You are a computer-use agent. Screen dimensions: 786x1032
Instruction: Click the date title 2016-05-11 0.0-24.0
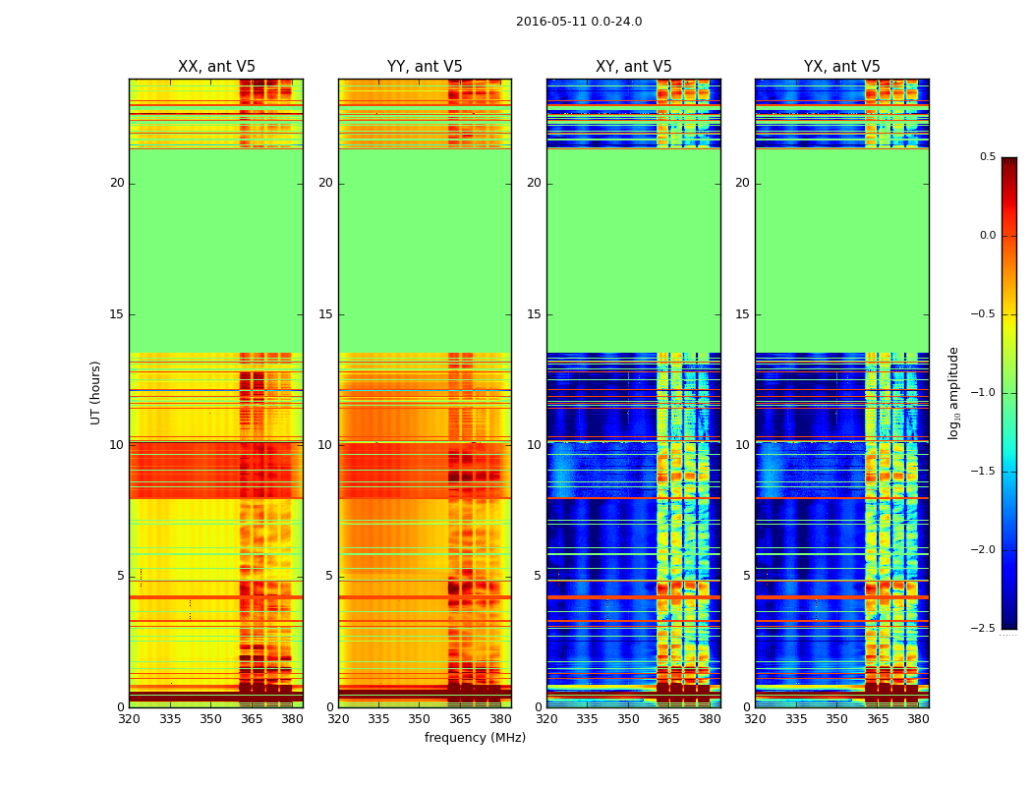(x=579, y=22)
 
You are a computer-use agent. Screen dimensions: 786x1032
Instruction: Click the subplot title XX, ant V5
(x=216, y=67)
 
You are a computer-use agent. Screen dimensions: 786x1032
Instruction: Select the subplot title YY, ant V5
(x=425, y=67)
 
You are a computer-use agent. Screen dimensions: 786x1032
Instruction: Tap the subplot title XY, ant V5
(x=634, y=67)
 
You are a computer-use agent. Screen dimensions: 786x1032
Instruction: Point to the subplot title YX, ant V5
(x=842, y=67)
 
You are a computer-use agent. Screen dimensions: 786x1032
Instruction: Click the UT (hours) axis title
(x=96, y=392)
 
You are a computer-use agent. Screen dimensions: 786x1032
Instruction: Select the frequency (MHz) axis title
(x=475, y=738)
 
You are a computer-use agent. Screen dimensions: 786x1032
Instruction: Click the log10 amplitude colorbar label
(x=953, y=393)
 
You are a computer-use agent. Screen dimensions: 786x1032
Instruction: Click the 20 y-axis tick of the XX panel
(x=117, y=183)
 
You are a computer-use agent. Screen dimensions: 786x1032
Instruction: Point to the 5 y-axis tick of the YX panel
(x=747, y=576)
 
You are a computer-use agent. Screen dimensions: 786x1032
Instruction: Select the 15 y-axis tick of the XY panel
(x=534, y=314)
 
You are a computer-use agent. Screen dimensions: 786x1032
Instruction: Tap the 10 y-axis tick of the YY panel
(x=325, y=445)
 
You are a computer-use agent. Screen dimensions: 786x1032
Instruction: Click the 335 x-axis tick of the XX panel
(x=170, y=718)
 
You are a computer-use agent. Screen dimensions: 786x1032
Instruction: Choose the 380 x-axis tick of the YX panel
(x=918, y=718)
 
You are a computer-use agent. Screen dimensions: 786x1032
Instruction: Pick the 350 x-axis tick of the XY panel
(x=628, y=718)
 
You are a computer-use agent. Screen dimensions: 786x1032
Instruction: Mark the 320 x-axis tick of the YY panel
(x=338, y=718)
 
